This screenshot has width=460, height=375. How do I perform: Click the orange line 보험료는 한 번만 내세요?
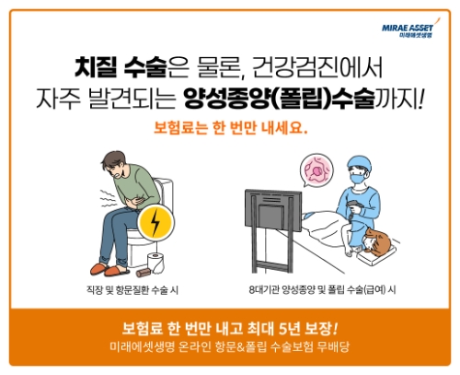coord(229,128)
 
